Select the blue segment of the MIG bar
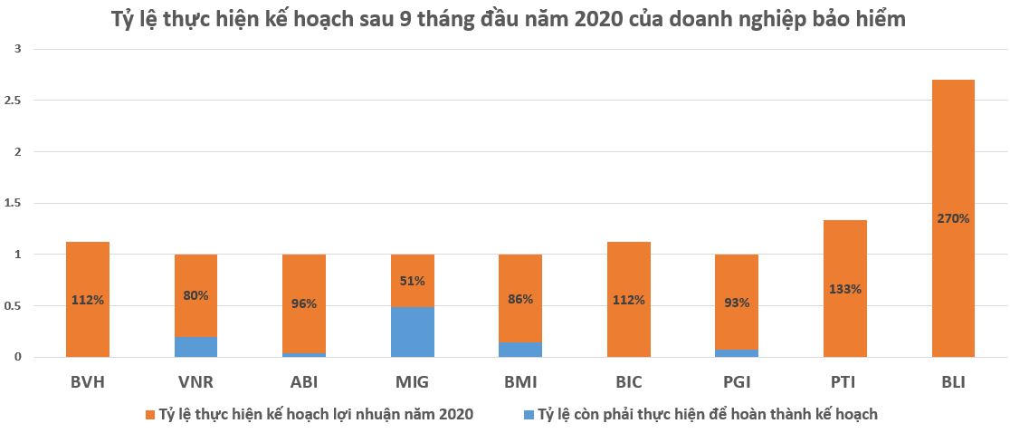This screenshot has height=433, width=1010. (x=413, y=332)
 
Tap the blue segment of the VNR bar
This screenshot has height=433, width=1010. (x=196, y=347)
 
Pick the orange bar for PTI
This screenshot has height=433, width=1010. (x=845, y=254)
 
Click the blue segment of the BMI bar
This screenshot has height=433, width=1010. (x=520, y=350)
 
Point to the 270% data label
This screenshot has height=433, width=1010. (x=953, y=218)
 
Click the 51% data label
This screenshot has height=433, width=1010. (x=413, y=281)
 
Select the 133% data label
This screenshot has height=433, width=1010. (x=845, y=290)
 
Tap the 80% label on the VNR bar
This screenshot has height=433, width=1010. (x=196, y=294)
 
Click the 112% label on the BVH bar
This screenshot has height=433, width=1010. (x=88, y=300)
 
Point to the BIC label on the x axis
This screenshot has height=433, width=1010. (x=628, y=382)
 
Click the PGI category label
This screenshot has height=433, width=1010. (x=737, y=382)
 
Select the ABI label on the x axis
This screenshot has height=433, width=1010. (x=304, y=382)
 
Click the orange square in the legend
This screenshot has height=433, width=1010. (x=149, y=415)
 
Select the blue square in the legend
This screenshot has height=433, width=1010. (x=526, y=415)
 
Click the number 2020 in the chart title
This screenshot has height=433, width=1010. (x=596, y=19)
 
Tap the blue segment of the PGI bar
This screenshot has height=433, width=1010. (x=737, y=353)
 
